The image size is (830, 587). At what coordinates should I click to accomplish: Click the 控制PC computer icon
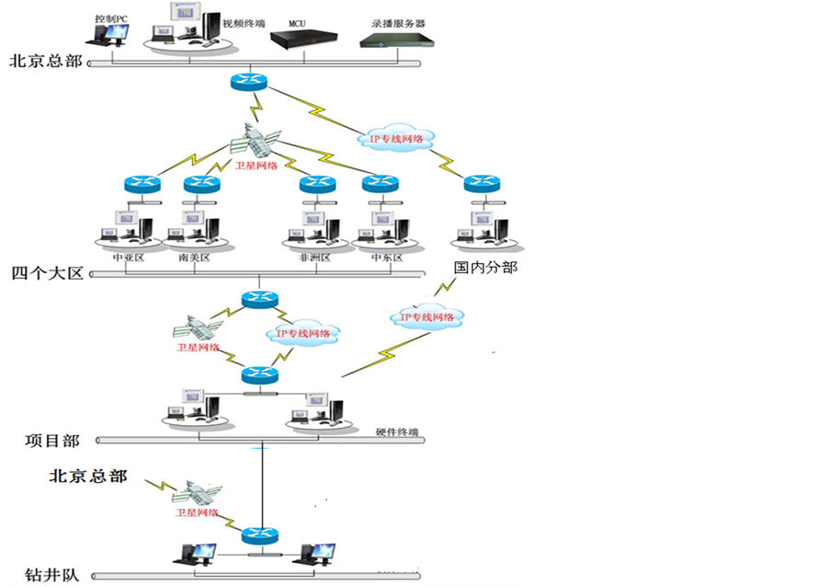tap(107, 36)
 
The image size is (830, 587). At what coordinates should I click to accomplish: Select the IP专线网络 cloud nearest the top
tap(396, 139)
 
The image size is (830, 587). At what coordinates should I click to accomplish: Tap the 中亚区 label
tap(129, 258)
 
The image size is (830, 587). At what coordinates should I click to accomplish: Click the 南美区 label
tap(194, 258)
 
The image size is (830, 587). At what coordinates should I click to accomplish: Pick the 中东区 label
tap(386, 258)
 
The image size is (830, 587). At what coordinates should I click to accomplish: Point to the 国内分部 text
tap(485, 268)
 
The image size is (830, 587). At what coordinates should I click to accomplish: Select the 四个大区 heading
tap(47, 273)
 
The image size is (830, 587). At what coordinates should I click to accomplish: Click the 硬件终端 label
tap(397, 432)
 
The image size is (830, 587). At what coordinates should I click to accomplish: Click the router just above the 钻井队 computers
tap(257, 535)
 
